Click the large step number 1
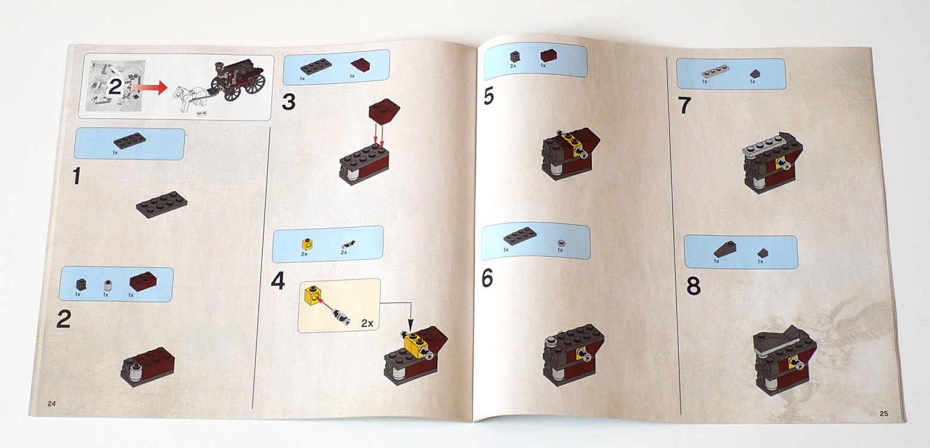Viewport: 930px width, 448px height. [76, 176]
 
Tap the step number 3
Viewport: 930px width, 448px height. [289, 102]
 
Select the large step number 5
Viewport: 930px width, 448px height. [489, 96]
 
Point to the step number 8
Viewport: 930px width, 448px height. [693, 286]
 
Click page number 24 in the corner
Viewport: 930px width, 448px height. [51, 404]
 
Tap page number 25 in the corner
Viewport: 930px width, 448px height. [883, 413]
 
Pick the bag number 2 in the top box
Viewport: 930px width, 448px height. [115, 86]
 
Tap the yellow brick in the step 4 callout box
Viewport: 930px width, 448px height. [314, 296]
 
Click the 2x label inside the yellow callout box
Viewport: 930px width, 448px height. [367, 323]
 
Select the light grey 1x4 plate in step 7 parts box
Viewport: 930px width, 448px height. [715, 72]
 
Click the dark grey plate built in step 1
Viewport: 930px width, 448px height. [162, 204]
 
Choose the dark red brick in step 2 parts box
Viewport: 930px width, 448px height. [143, 281]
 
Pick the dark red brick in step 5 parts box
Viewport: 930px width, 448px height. [548, 55]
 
